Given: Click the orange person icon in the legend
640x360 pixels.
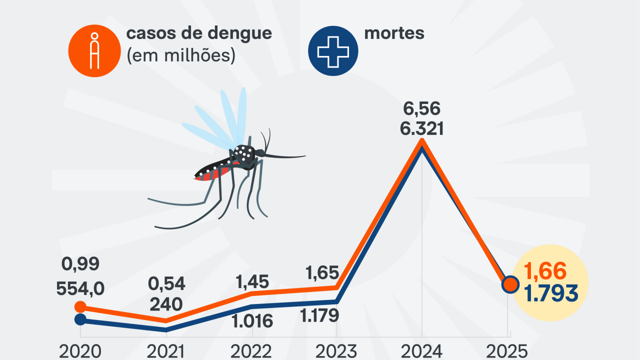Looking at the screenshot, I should (x=94, y=50).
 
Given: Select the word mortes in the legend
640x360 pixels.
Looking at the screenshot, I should (x=394, y=33).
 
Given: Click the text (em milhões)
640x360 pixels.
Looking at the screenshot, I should (x=181, y=55).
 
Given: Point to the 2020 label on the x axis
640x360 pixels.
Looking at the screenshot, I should (x=80, y=351).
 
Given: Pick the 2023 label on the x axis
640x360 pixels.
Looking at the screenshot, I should (x=336, y=351).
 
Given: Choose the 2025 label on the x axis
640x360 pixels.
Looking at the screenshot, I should (x=506, y=351).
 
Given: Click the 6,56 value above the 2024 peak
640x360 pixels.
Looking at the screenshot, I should (x=421, y=108).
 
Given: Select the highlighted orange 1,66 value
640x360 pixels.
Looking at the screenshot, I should (x=545, y=272).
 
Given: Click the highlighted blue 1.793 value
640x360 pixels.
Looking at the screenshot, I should (x=551, y=293).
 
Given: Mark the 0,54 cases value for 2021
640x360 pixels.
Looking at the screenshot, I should (x=166, y=284).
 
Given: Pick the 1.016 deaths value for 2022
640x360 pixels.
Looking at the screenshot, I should (x=253, y=320).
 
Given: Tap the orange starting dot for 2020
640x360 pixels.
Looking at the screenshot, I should (x=80, y=306).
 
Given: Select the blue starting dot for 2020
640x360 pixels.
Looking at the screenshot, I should (x=80, y=319).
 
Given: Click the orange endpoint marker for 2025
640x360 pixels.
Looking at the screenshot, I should (x=510, y=284).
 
